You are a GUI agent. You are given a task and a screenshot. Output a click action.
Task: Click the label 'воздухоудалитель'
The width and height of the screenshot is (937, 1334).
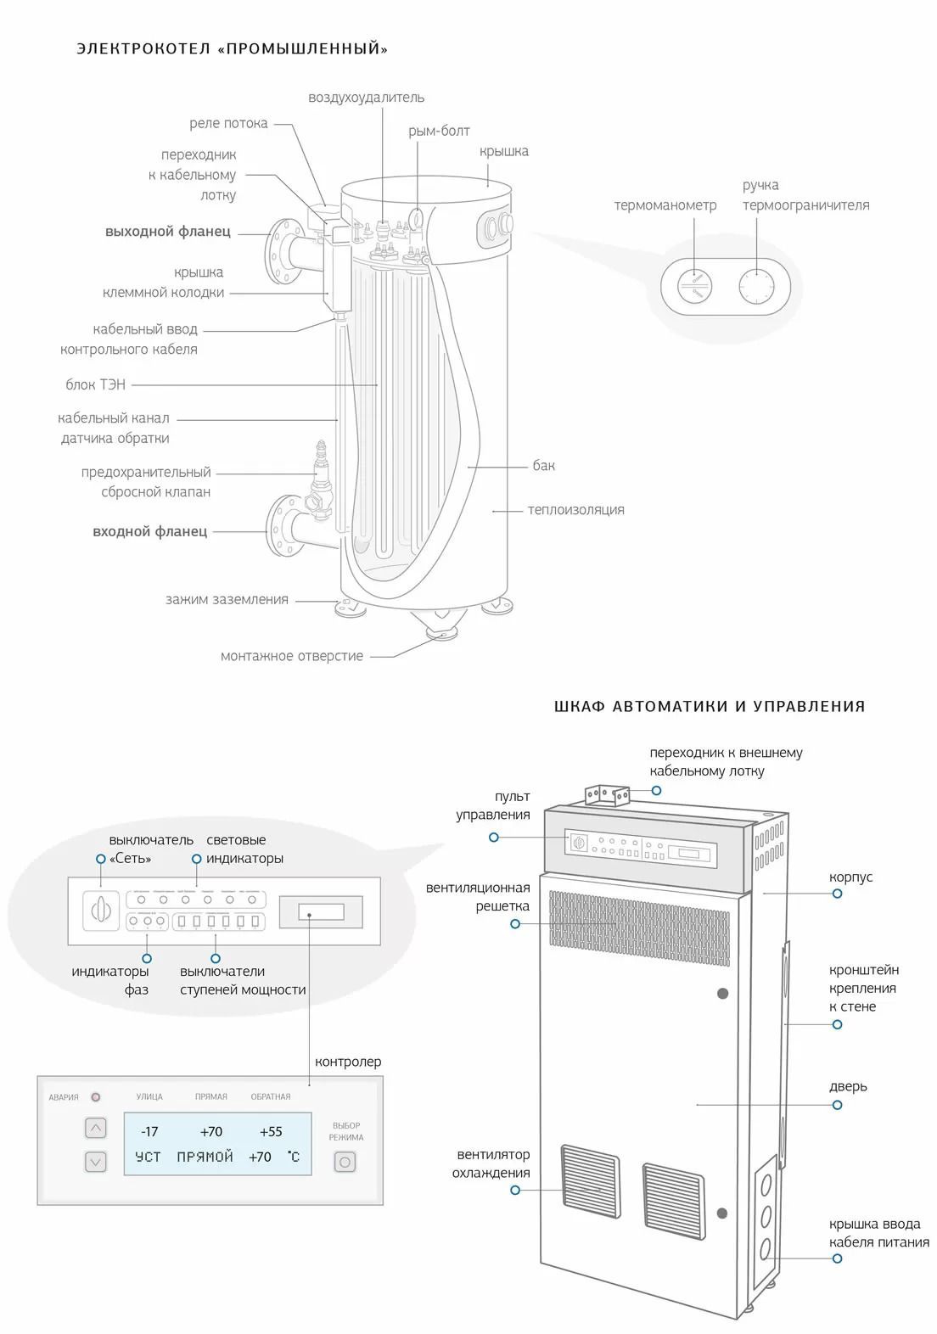tap(366, 98)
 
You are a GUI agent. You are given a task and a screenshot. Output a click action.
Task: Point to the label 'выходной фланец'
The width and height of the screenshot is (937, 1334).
tap(167, 231)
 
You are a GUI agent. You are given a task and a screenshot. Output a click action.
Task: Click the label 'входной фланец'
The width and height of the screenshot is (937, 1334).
tap(149, 531)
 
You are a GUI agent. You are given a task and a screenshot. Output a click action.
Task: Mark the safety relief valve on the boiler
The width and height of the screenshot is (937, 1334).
tap(321, 479)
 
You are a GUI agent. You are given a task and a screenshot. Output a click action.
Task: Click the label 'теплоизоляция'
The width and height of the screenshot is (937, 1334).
tap(575, 509)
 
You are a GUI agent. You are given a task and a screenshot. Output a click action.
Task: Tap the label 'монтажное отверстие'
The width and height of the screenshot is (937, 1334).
tap(291, 655)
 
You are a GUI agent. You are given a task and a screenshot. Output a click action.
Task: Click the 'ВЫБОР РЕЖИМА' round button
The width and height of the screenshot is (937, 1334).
tap(345, 1161)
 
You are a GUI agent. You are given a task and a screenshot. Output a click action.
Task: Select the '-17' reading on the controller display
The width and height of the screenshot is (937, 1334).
tap(149, 1131)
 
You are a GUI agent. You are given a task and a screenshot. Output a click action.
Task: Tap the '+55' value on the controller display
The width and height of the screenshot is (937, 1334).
tap(271, 1131)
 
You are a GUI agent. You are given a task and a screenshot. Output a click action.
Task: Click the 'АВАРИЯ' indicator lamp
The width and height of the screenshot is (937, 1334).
tap(95, 1097)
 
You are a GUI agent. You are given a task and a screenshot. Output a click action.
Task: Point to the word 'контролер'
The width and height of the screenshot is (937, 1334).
tap(348, 1062)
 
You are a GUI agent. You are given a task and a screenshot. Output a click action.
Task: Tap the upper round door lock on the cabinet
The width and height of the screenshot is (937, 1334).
tap(723, 993)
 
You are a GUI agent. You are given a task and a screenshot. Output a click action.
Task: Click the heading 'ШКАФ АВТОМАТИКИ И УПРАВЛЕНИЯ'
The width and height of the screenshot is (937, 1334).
tap(710, 706)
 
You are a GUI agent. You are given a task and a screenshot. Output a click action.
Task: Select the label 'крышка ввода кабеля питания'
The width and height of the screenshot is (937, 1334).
tap(878, 1233)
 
